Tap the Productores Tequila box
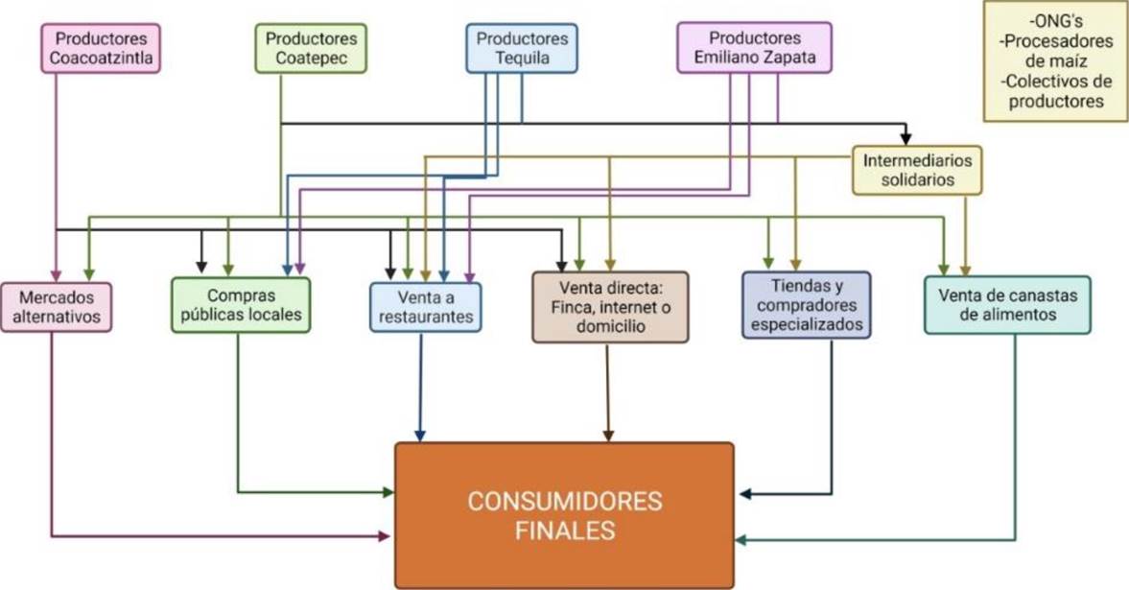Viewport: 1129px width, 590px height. click(x=522, y=49)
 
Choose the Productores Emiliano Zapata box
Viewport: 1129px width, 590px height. click(x=754, y=49)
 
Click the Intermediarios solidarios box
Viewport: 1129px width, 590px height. click(x=917, y=170)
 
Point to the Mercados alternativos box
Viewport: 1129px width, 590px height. click(x=57, y=307)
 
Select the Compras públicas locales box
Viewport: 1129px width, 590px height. click(x=241, y=305)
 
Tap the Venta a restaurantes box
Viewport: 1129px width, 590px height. click(x=426, y=306)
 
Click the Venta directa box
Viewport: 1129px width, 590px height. click(x=610, y=306)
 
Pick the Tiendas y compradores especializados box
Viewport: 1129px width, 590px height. click(x=807, y=304)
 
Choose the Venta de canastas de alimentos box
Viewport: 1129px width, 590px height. click(x=1007, y=304)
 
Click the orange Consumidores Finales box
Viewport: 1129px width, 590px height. click(x=564, y=515)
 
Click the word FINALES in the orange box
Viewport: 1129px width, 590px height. click(x=564, y=530)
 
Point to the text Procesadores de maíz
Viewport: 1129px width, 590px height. click(x=1056, y=51)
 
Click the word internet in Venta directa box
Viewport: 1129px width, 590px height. click(x=636, y=306)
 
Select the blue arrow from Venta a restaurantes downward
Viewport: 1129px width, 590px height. click(x=420, y=384)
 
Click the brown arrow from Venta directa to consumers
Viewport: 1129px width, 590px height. click(x=609, y=389)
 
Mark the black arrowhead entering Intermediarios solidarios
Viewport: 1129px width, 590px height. click(x=906, y=139)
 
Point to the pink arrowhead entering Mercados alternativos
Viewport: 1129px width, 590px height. click(x=56, y=274)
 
